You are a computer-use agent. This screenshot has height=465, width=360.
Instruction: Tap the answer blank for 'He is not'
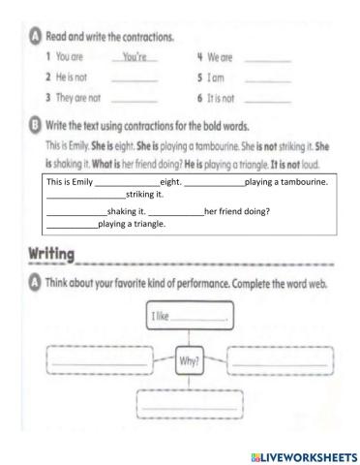(135, 78)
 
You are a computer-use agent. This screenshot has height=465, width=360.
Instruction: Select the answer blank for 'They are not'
(135, 98)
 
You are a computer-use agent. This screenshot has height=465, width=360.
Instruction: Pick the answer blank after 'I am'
(268, 78)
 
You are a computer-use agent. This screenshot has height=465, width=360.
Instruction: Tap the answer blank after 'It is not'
(268, 98)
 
